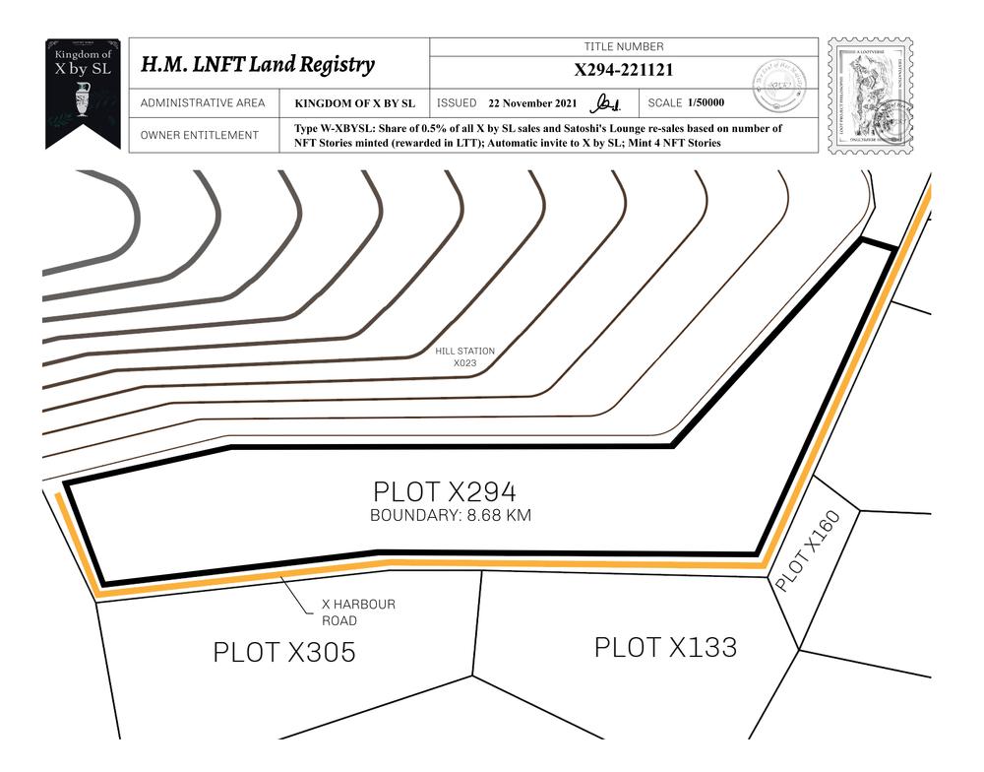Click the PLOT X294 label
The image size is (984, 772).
[445, 492]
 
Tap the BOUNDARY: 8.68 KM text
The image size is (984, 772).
[451, 516]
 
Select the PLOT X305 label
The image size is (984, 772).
[284, 652]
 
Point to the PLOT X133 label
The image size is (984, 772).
[665, 647]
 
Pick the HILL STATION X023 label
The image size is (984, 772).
[464, 356]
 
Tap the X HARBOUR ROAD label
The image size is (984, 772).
[358, 612]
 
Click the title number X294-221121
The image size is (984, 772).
[624, 70]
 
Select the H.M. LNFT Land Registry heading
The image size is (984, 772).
[258, 65]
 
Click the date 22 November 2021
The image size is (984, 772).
[533, 103]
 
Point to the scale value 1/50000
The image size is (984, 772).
[707, 103]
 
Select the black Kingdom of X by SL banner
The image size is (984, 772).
[84, 91]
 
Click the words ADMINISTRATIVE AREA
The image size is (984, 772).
[203, 103]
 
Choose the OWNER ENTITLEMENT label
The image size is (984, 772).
[200, 135]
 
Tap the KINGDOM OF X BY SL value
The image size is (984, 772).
[354, 103]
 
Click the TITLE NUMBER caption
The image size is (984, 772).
[624, 46]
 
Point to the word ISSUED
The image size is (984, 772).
[457, 103]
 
